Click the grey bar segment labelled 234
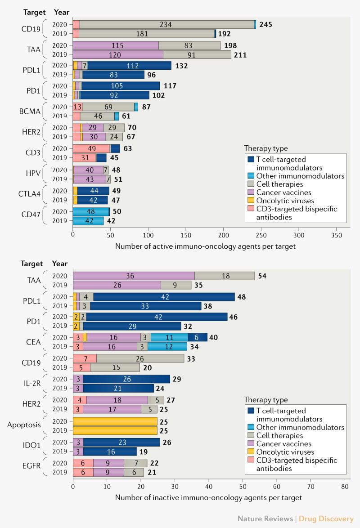pos(166,25)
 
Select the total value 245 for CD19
pos(265,25)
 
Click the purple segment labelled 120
pos(118,54)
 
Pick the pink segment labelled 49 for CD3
pos(91,148)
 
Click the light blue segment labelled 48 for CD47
pos(91,211)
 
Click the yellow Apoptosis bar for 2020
pos(115,421)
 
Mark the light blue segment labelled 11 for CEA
pos(169,337)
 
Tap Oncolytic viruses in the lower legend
pos(288,452)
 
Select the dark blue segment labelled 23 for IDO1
pos(121,442)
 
